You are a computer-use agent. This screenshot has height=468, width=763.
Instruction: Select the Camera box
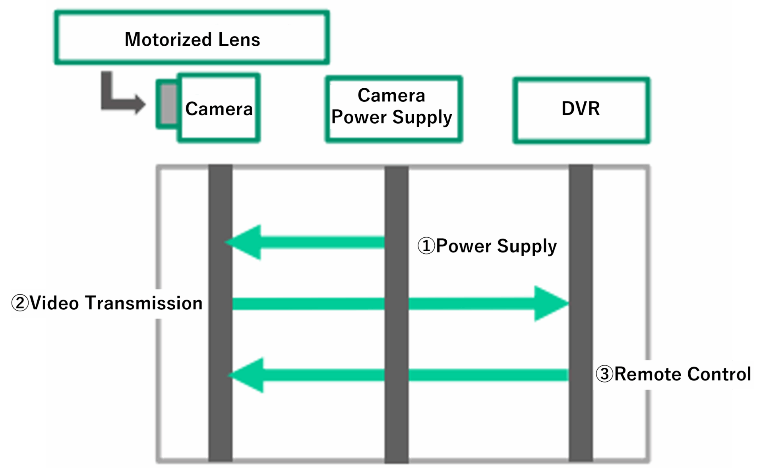coord(219,108)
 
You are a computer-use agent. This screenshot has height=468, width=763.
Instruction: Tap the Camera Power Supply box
coord(393,109)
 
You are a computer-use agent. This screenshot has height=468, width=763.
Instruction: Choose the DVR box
coord(581,110)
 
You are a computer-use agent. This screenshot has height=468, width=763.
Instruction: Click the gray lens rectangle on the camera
coord(169,104)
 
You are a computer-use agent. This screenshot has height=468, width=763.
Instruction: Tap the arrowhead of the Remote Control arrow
coord(246,375)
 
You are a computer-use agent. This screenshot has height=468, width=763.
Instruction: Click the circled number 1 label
coord(426,246)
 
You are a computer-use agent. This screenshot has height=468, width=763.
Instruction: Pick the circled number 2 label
coord(19,303)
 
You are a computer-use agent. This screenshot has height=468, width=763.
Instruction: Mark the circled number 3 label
coord(604,374)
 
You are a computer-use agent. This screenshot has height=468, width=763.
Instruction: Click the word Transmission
coord(144,303)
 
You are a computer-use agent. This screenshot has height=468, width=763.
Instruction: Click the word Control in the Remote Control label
coord(719,374)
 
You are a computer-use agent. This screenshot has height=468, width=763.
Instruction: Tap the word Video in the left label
coord(54,303)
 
